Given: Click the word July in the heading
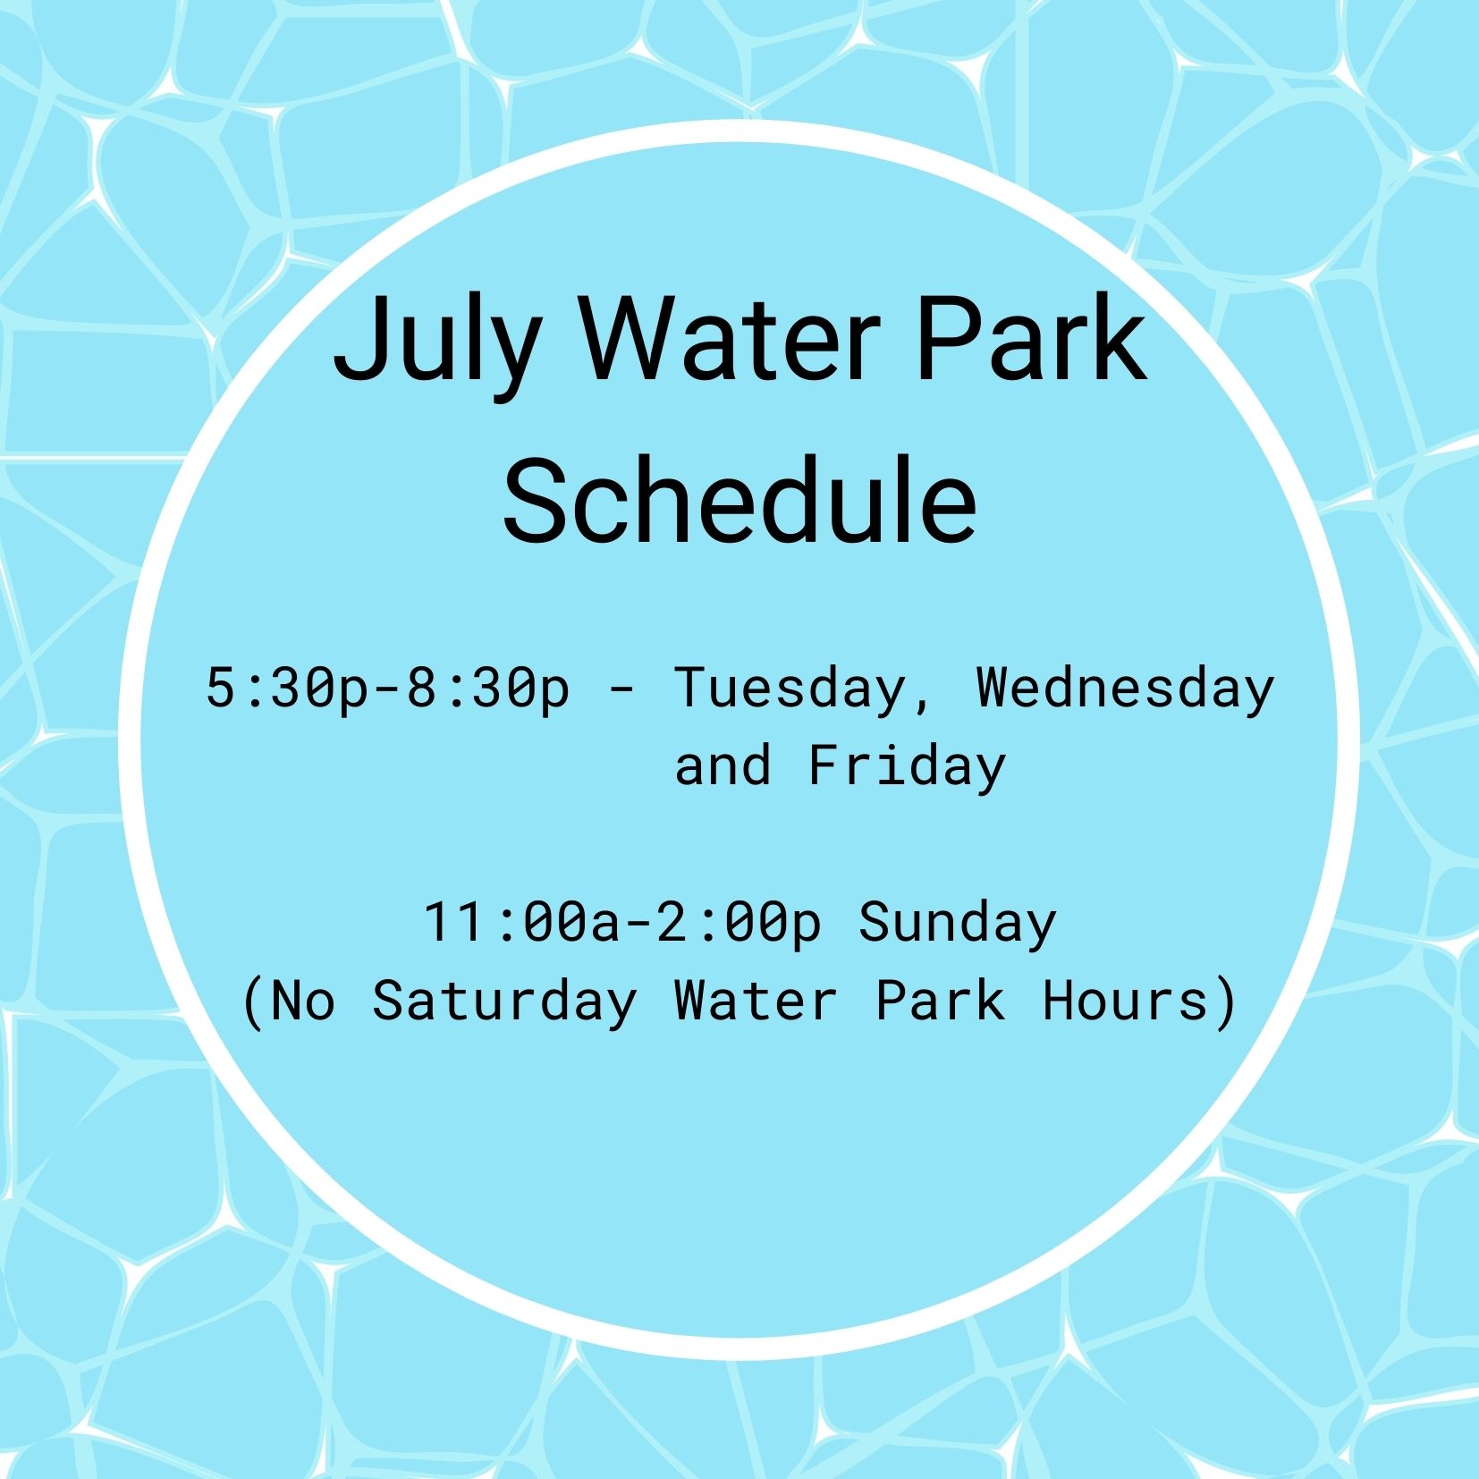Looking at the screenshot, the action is coord(436,343).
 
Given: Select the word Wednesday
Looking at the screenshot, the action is coord(1125,689).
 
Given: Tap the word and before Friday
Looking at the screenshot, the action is coord(723,766).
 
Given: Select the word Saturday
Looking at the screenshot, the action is coord(504,1001).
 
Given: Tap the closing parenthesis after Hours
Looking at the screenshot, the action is coord(1226,1001).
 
